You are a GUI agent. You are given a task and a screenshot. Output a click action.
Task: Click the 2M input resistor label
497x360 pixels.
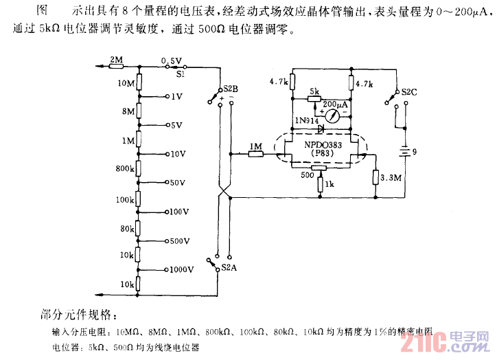[x=116, y=60]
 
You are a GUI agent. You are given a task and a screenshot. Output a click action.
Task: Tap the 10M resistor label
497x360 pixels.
[x=126, y=84]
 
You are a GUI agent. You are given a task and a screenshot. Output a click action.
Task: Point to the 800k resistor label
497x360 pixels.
[x=124, y=168]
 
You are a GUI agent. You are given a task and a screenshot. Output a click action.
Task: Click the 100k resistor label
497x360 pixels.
[x=124, y=199]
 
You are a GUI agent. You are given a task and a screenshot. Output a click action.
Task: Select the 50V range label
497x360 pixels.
[x=177, y=183]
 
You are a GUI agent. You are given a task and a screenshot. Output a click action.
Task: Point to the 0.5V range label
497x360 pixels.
[x=171, y=60]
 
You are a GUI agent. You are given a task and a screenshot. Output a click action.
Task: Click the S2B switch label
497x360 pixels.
[x=231, y=90]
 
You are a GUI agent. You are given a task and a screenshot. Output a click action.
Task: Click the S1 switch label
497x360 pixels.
[x=181, y=71]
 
